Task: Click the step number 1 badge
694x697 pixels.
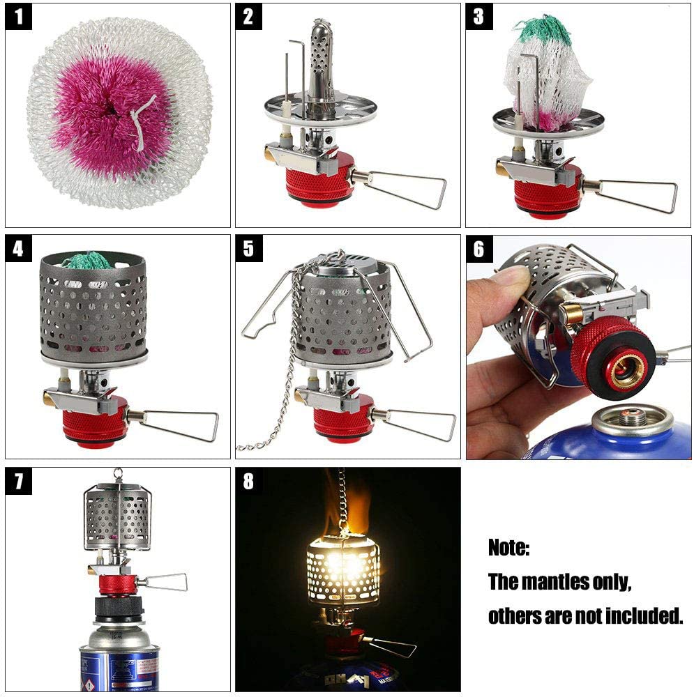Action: pos(19,17)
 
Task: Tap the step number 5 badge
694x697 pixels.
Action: pos(249,249)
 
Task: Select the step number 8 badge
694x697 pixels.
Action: pos(249,481)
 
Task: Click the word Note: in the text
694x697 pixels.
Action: pos(508,547)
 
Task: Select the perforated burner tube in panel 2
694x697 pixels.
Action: pos(319,66)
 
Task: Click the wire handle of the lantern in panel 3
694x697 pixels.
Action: pos(638,191)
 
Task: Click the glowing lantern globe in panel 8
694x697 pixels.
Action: pos(342,568)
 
